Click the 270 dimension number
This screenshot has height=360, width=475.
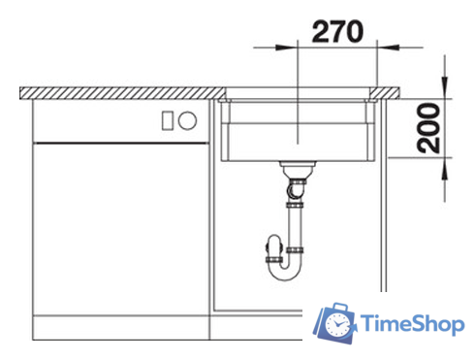pyautogui.click(x=337, y=31)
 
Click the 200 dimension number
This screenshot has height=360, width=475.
pyautogui.click(x=428, y=128)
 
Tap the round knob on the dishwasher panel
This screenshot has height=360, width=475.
pyautogui.click(x=187, y=120)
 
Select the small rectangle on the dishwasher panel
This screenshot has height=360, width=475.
pyautogui.click(x=168, y=120)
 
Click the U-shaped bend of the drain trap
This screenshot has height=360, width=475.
pyautogui.click(x=285, y=271)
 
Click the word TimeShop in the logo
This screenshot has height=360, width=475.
pyautogui.click(x=413, y=323)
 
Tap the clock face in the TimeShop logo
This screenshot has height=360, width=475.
pyautogui.click(x=337, y=324)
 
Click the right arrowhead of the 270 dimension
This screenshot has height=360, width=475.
pyautogui.click(x=389, y=48)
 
